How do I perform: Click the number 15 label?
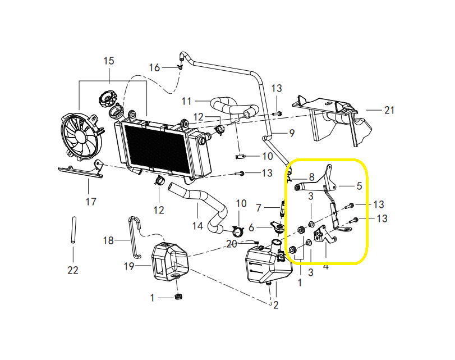coord(109,61)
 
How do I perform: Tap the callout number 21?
coord(389,110)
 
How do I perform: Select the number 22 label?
coord(73,270)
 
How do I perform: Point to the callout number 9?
coord(292,133)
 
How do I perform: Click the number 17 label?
coord(91,202)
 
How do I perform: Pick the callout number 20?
coord(232,244)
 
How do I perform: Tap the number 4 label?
coord(326,266)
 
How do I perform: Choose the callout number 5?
coord(359,186)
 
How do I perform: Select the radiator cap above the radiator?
coord(108,98)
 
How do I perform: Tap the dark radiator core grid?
coord(157,148)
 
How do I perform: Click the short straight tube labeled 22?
coord(73,230)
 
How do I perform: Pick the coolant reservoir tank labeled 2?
coord(268,263)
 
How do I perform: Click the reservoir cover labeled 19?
coord(170,262)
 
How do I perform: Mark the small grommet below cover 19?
coord(178,297)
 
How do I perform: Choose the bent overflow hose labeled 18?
coord(134,237)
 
